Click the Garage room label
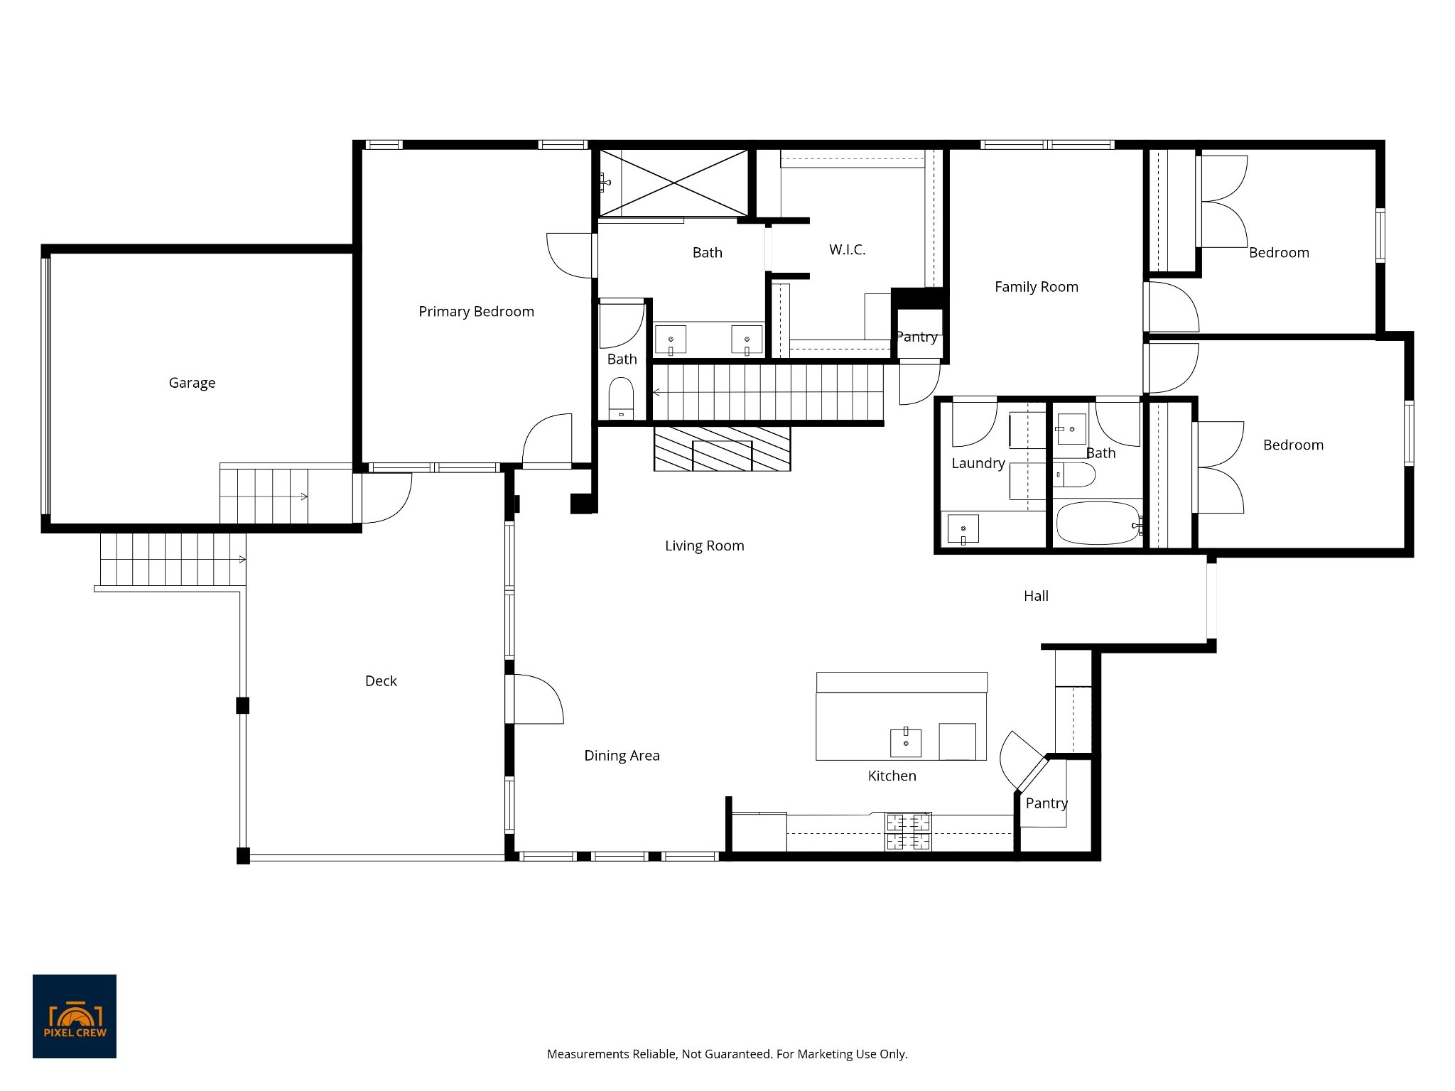(x=192, y=383)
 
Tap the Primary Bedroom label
(x=476, y=312)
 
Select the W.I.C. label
(x=847, y=249)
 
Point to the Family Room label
(x=1036, y=287)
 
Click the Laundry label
(x=978, y=463)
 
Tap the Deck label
(x=381, y=681)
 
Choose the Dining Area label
(x=622, y=756)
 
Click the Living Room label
(x=704, y=545)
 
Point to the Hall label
(x=1036, y=596)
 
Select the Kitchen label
(x=892, y=776)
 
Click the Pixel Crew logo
(x=75, y=1016)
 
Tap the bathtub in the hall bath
(x=1098, y=523)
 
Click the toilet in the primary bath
(x=621, y=398)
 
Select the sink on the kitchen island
(x=906, y=743)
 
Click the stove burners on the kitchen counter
(x=907, y=832)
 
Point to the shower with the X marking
(x=674, y=183)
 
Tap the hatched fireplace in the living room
(x=722, y=448)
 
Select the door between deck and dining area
(x=538, y=699)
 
